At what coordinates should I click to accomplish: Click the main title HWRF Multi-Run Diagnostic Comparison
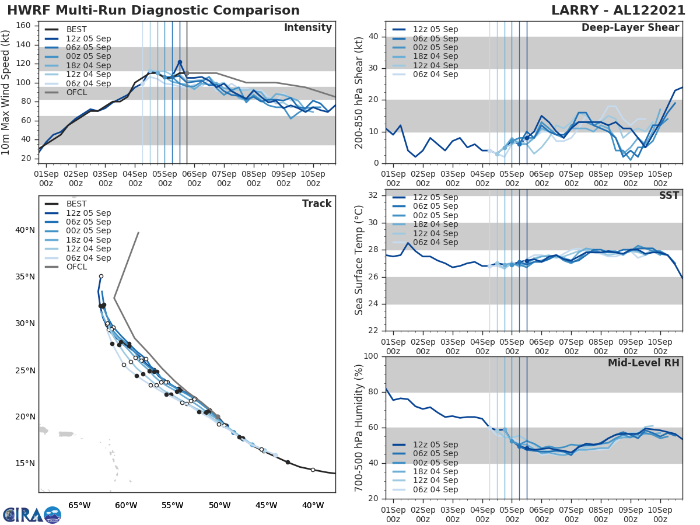pos(153,10)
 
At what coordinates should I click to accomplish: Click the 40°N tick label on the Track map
pos(25,230)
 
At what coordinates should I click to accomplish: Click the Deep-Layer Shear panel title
pos(630,28)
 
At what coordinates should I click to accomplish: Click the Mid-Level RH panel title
pos(643,363)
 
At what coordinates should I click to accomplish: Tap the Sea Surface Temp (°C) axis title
pos(359,259)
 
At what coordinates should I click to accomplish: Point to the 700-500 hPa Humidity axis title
pos(359,427)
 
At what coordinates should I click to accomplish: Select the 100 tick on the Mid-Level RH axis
pos(370,356)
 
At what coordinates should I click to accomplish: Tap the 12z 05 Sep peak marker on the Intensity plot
pos(180,62)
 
